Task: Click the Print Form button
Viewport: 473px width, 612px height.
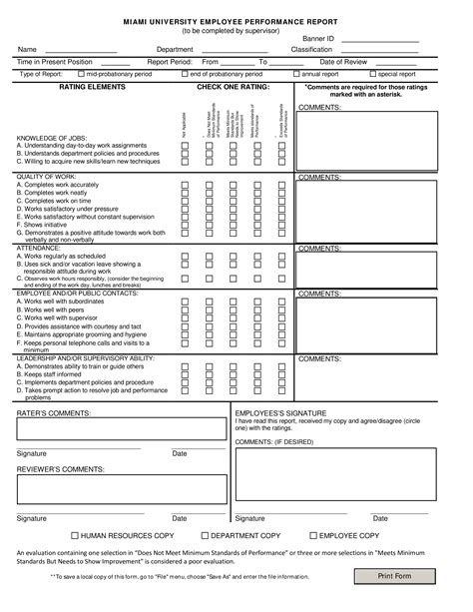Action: tap(394, 576)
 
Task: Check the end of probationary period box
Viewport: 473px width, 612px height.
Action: tap(186, 74)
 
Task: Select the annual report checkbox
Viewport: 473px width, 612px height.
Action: tap(297, 74)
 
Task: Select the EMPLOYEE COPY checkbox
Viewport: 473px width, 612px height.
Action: tap(311, 535)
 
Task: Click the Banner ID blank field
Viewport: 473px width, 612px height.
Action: tap(379, 38)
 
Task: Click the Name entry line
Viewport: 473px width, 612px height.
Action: tap(81, 50)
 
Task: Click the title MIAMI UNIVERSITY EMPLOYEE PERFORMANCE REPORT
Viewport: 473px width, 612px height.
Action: tap(236, 19)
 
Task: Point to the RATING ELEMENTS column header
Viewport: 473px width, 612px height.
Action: tap(92, 88)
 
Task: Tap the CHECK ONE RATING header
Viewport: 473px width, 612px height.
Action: tap(234, 88)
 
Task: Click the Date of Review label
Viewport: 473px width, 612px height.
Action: tap(344, 62)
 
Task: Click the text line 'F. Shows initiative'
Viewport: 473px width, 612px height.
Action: tap(50, 225)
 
